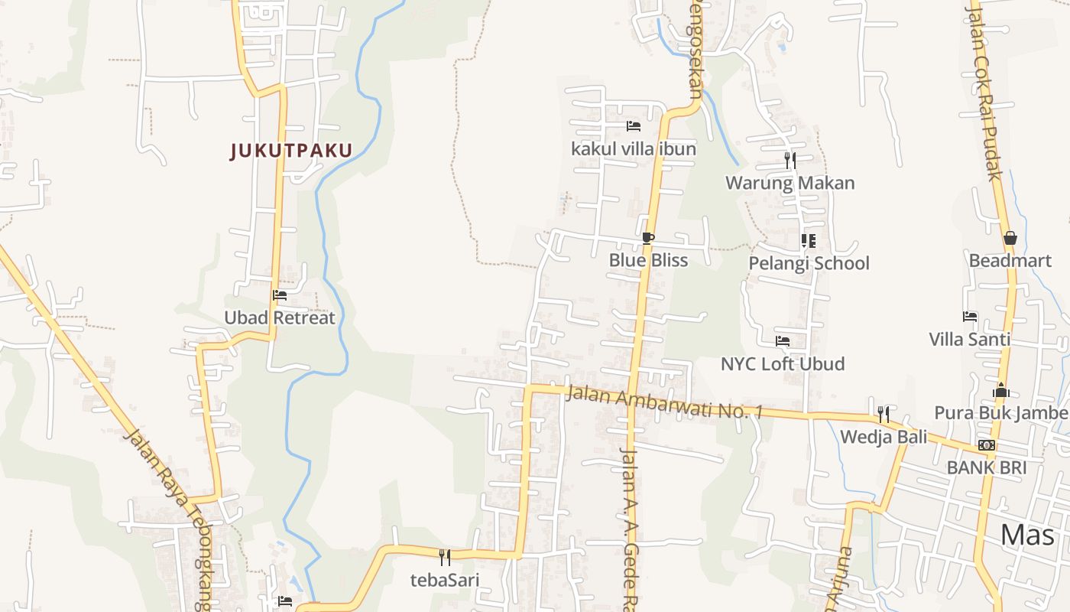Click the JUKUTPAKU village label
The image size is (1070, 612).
[291, 151]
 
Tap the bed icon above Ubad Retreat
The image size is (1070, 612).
[280, 295]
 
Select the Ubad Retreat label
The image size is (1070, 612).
[280, 317]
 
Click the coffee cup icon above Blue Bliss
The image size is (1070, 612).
[648, 239]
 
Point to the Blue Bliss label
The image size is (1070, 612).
[648, 260]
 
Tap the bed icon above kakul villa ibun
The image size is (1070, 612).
[633, 126]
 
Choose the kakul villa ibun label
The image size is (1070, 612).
[634, 148]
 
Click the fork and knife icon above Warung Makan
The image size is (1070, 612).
[790, 160]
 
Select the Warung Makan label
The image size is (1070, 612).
[790, 183]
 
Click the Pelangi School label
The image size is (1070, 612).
[809, 263]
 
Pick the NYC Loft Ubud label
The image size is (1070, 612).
[783, 363]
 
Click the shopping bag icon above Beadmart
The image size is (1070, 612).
[1010, 239]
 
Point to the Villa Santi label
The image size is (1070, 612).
[969, 339]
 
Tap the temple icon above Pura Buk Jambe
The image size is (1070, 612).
[1001, 391]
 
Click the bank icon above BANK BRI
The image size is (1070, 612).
[987, 445]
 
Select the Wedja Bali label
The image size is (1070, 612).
[884, 437]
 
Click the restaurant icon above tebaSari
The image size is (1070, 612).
[445, 557]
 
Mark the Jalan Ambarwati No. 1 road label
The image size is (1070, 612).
[664, 402]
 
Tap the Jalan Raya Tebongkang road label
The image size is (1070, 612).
[168, 520]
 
